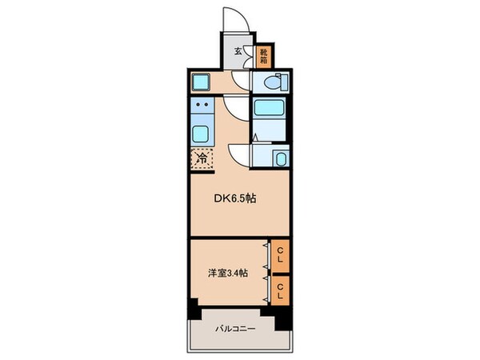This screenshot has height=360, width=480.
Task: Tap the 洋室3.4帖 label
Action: pyautogui.click(x=226, y=273)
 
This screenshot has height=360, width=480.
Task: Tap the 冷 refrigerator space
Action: pyautogui.click(x=202, y=158)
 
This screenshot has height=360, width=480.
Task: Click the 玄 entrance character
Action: pyautogui.click(x=238, y=52)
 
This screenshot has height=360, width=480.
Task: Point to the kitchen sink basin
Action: pyautogui.click(x=202, y=134)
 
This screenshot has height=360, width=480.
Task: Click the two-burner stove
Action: pyautogui.click(x=202, y=105)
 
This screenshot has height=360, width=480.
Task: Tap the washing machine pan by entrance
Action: pyautogui.click(x=201, y=82)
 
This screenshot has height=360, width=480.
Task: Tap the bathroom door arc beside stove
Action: pyautogui.click(x=237, y=108)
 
